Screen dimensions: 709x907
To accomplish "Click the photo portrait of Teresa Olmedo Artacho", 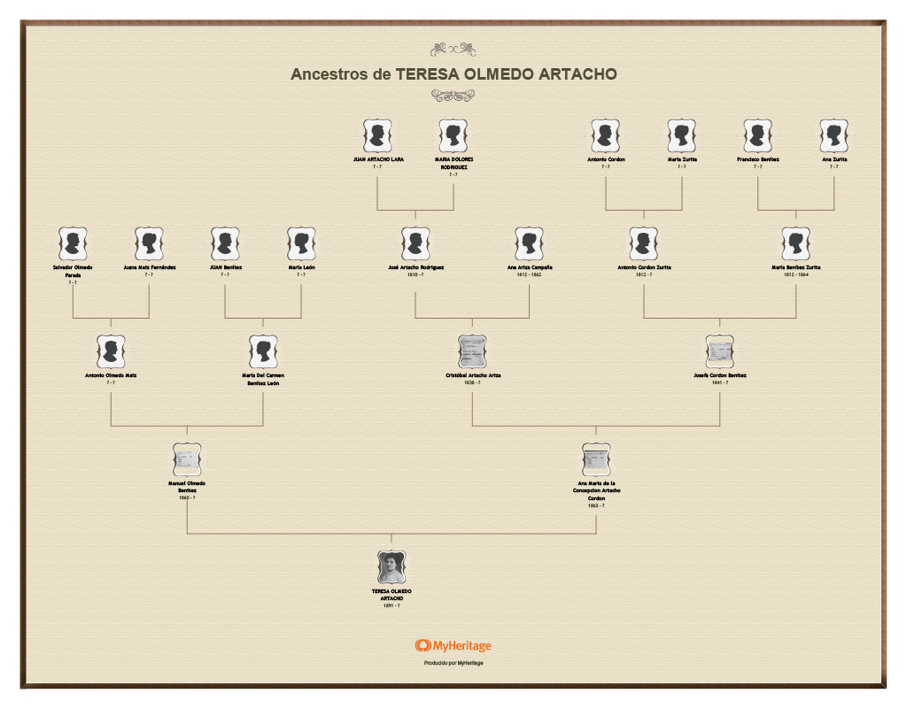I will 391,567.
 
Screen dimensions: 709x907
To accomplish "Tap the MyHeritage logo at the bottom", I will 453,646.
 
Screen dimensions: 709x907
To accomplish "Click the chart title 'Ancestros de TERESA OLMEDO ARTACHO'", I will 453,74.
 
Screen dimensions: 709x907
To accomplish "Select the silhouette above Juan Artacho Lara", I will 377,136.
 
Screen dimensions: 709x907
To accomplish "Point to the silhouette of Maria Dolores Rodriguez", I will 453,136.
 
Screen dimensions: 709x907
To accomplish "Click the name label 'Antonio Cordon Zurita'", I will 644,266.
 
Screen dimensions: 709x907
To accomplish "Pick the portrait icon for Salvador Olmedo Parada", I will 73,243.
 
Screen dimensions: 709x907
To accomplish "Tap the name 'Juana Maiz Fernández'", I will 149,266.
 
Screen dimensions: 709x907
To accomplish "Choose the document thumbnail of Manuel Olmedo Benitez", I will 187,459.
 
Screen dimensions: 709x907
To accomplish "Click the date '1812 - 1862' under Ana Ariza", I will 530,274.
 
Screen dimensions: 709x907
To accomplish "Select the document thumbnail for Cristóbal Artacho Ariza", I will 472,351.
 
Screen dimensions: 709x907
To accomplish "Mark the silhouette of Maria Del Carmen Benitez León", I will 263,351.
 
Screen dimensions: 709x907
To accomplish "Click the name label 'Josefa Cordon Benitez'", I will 719,375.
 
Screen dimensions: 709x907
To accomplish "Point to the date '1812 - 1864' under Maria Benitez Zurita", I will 795,274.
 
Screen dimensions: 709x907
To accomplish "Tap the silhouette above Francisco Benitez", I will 757,136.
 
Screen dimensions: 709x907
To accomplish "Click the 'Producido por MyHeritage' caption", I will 453,663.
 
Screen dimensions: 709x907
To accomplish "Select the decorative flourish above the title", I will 453,50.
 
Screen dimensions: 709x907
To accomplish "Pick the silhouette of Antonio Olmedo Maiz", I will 111,351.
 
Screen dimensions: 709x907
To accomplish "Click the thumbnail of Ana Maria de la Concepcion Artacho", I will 596,459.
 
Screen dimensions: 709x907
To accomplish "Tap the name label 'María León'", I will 301,266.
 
